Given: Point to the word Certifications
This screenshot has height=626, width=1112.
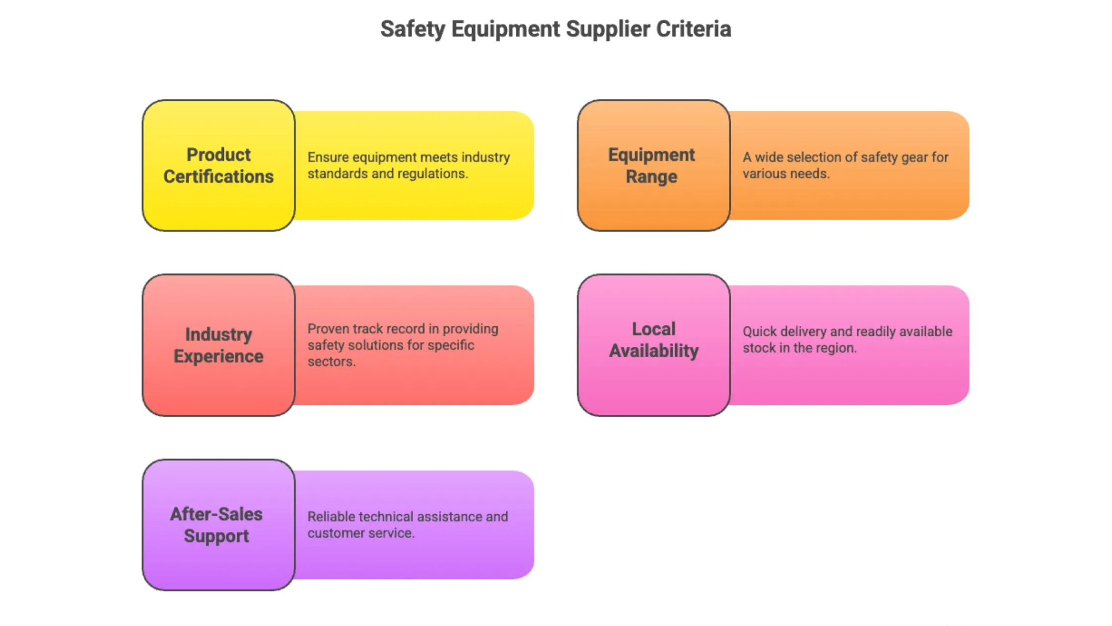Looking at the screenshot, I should pyautogui.click(x=218, y=177).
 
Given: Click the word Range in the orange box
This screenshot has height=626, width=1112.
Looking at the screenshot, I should pyautogui.click(x=651, y=177).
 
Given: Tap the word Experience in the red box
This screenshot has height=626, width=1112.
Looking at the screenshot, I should pyautogui.click(x=218, y=356).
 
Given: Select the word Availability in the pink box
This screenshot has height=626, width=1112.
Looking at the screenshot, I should pyautogui.click(x=654, y=351).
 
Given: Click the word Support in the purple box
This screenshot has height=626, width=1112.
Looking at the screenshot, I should pyautogui.click(x=216, y=536).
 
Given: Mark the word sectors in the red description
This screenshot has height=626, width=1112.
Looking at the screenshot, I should pyautogui.click(x=331, y=362).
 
